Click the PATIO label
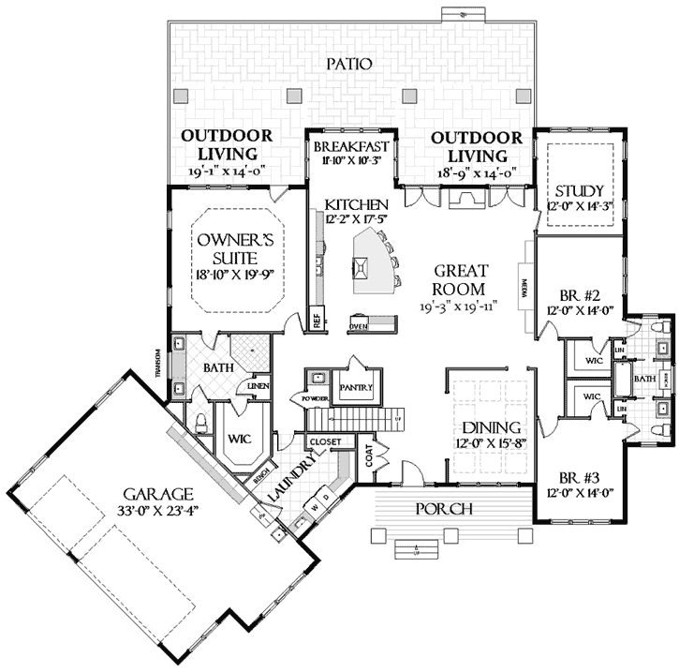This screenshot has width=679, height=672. tap(350, 64)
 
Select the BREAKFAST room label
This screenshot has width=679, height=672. tap(351, 147)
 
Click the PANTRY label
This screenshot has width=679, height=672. tap(357, 387)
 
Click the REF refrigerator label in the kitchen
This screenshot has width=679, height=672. tap(317, 320)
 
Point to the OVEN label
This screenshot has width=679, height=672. tap(357, 326)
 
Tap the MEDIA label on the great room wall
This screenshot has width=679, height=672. tap(525, 283)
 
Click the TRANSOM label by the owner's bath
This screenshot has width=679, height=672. tap(160, 360)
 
